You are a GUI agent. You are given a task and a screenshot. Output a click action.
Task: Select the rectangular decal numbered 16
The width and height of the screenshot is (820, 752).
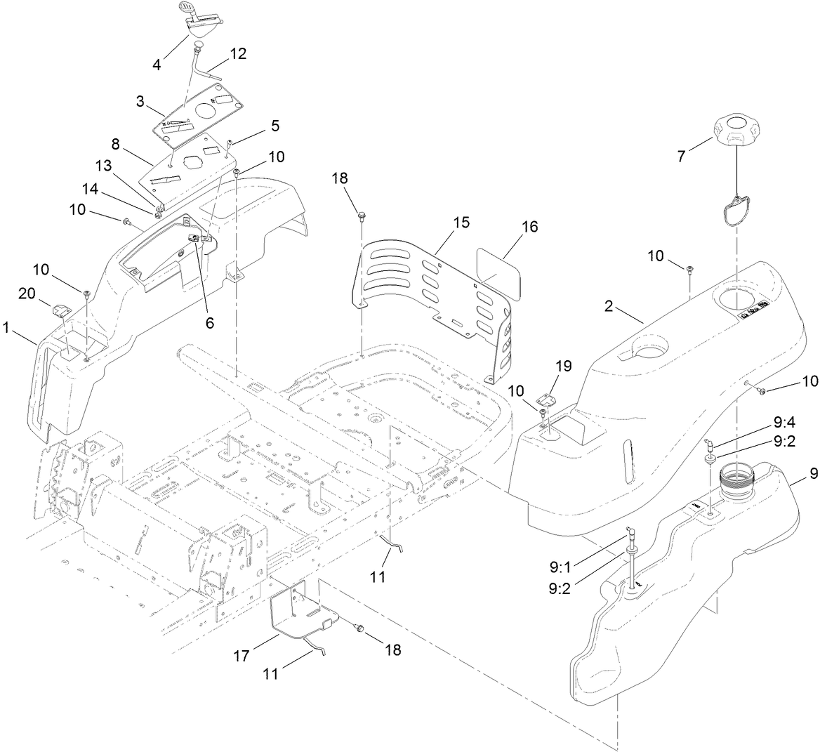coord(501,273)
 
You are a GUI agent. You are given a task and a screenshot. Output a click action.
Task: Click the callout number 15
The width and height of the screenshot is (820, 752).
coord(461,222)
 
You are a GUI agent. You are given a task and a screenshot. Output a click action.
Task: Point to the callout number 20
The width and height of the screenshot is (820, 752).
coord(27,294)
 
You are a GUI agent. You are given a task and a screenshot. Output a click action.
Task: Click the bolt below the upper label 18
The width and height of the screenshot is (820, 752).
coord(362,212)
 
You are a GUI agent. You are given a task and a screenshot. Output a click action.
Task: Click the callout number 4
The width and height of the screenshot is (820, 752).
coord(157,65)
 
